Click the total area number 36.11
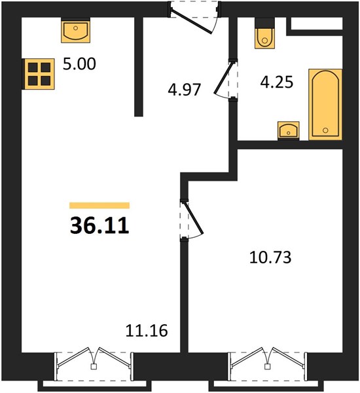point(99,225)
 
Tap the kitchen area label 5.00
point(79,64)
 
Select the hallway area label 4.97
point(185,90)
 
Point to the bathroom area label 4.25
point(277,82)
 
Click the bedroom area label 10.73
point(270,257)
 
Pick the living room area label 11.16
point(147,330)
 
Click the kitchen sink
point(76,30)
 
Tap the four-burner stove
point(39,74)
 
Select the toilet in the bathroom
point(264,33)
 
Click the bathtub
point(325,104)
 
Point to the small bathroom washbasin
point(289,130)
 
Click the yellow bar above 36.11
point(99,205)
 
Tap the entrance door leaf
point(192,22)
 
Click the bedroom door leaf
point(194,217)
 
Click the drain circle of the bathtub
point(325,130)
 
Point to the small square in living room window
point(94,367)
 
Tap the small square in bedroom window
point(268,367)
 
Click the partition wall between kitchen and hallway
point(139,67)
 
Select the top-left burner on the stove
point(33,67)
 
